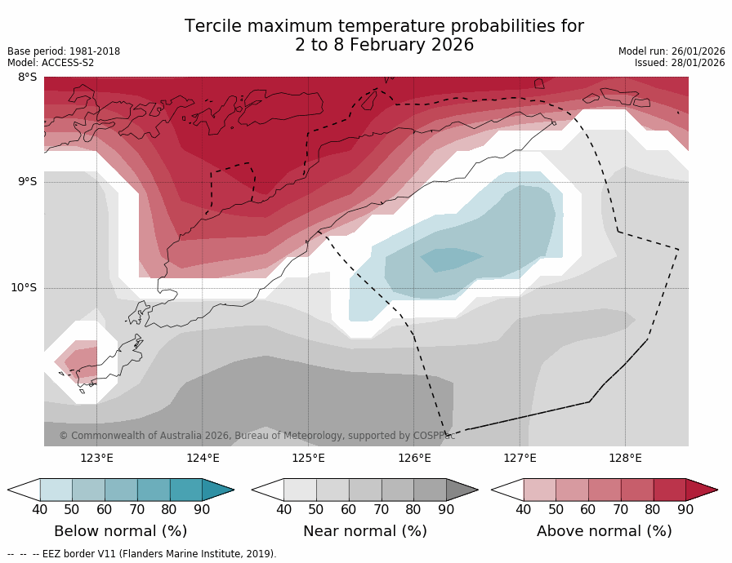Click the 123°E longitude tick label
click(x=96, y=458)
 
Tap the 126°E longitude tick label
click(x=414, y=458)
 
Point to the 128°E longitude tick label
click(x=625, y=458)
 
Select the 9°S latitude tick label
click(x=27, y=182)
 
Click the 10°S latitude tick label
click(x=24, y=287)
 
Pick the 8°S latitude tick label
click(x=27, y=78)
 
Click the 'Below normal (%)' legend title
click(x=120, y=531)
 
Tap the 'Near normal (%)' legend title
click(x=364, y=531)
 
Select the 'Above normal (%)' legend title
click(x=604, y=531)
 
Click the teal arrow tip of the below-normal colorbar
click(x=219, y=490)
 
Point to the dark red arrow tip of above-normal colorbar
click(x=703, y=490)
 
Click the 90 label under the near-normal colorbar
click(x=446, y=510)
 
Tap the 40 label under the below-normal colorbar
click(x=39, y=510)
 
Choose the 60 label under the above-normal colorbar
click(x=588, y=510)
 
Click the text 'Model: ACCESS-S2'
click(x=51, y=63)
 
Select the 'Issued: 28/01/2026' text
click(x=680, y=63)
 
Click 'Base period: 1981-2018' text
click(x=64, y=51)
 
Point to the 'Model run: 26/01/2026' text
click(x=672, y=51)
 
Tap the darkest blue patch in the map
click(x=451, y=259)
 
